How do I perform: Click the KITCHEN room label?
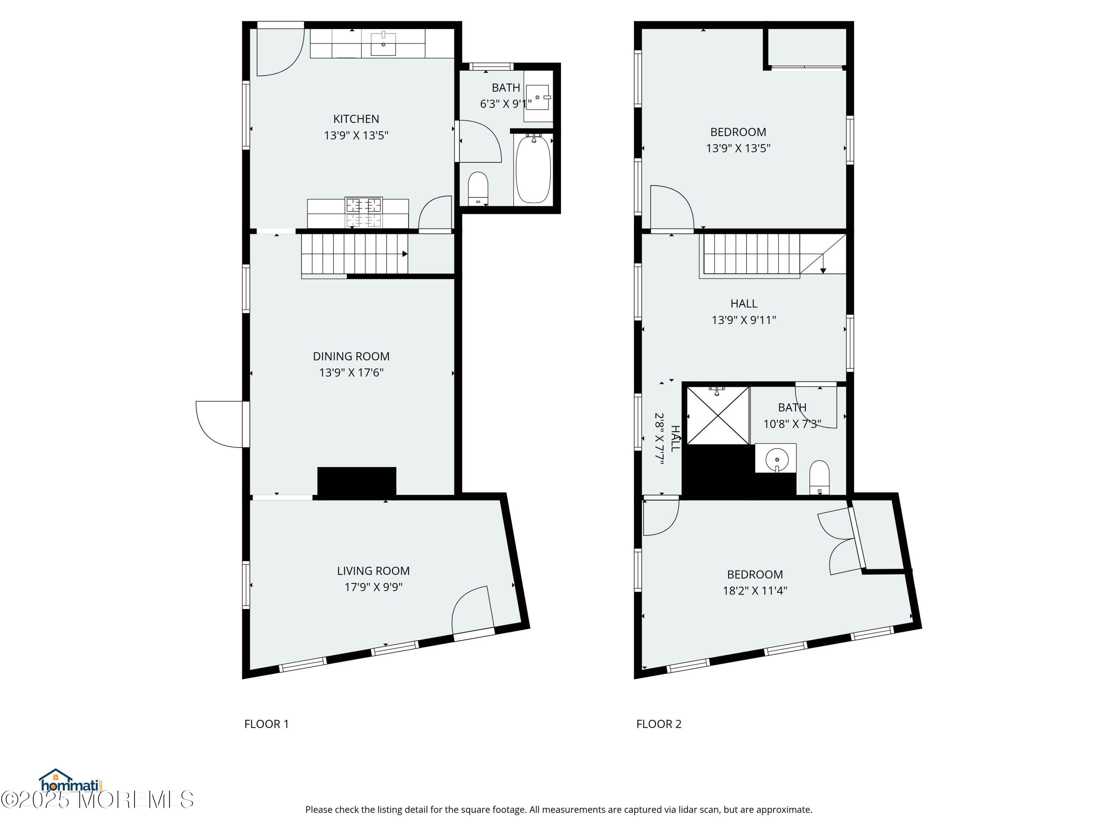[356, 119]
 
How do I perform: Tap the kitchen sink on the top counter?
[383, 44]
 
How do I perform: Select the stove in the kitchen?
[363, 212]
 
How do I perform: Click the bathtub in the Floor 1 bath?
[533, 169]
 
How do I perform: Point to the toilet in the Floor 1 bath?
[478, 188]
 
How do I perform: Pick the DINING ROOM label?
[351, 356]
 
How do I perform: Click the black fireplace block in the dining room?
[357, 481]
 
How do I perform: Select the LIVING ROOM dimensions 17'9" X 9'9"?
[373, 587]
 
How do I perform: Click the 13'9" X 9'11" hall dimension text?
[744, 320]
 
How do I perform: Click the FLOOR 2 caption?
[659, 724]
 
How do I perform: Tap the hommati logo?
[71, 781]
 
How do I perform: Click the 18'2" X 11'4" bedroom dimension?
[755, 590]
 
